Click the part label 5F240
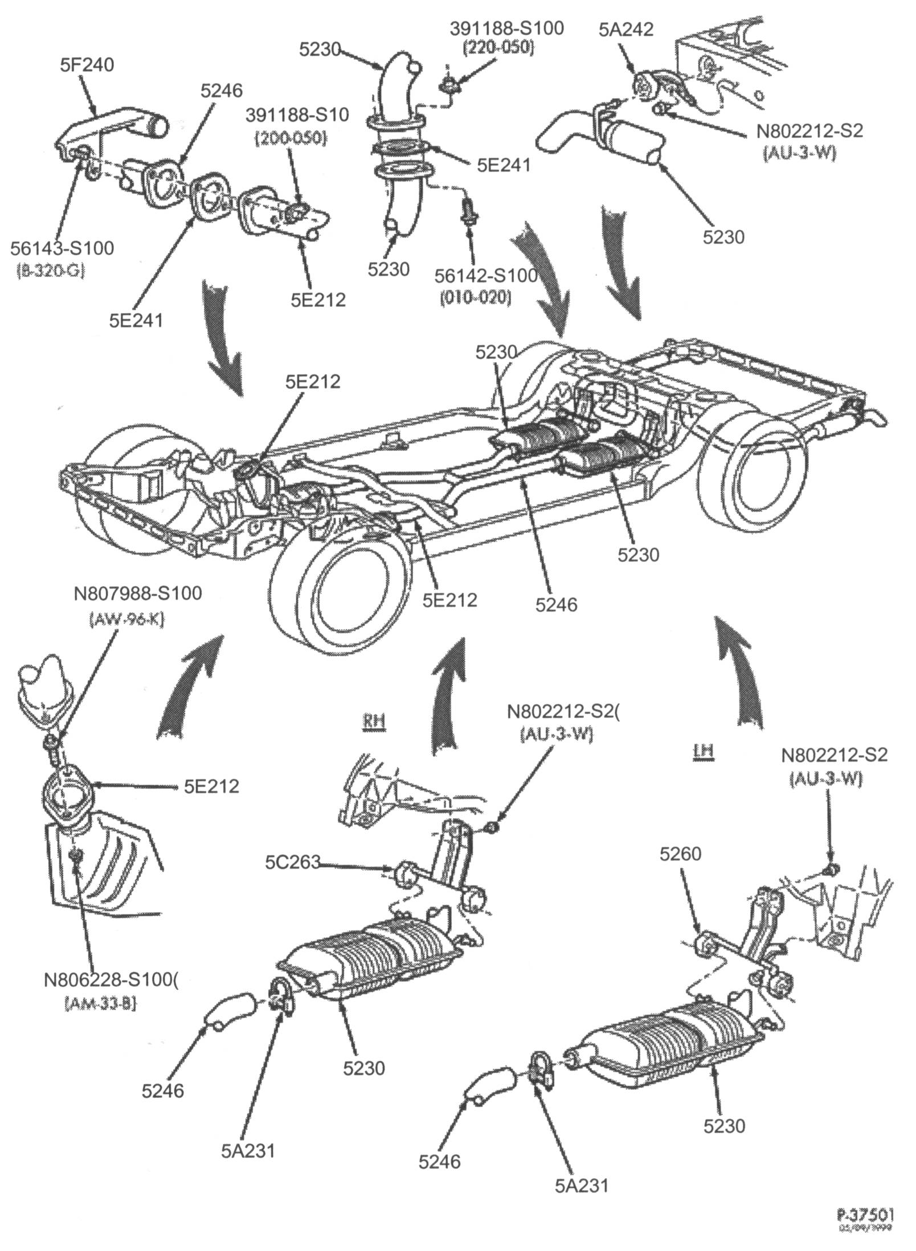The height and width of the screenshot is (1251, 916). pos(87,65)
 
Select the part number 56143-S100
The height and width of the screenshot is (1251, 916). pos(62,248)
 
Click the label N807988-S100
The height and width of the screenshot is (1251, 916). pos(138,593)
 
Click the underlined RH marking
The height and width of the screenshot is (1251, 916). pos(374,721)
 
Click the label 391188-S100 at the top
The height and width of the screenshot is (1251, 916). pos(507,28)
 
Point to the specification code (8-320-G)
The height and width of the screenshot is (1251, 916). pos(47,271)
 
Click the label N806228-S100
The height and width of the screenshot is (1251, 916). pos(112,979)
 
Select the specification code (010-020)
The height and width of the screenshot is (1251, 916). pos(475,297)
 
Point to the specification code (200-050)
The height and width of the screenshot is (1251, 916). pos(291,138)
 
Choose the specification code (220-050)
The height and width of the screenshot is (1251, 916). pos(499,49)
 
